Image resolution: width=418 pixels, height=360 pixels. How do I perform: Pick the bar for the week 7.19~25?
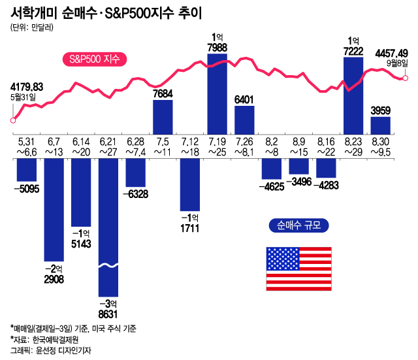click(217, 95)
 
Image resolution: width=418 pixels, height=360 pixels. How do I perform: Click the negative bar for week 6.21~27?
click(108, 222)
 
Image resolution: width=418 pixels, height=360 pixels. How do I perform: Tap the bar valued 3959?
click(380, 125)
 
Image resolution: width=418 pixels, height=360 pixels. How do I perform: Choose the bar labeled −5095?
click(26, 171)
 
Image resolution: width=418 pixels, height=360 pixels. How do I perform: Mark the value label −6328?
click(135, 193)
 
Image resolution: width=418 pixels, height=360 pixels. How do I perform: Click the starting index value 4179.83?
click(27, 87)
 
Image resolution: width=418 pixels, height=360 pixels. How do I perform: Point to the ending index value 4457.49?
click(391, 53)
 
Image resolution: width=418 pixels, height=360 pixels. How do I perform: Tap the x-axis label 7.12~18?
click(189, 147)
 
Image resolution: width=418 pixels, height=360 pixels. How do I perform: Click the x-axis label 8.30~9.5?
click(380, 147)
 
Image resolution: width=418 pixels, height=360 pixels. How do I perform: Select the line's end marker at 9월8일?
click(405, 78)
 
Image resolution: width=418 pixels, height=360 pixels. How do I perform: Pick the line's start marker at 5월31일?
click(12, 120)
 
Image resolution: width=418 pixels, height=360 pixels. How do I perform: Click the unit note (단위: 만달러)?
click(33, 29)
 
